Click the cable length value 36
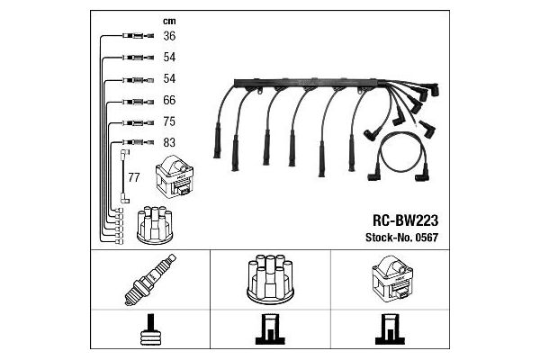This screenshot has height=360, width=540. click(x=169, y=36)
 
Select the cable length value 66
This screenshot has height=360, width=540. click(x=169, y=100)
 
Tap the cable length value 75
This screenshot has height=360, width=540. click(x=169, y=121)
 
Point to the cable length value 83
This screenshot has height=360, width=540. click(x=169, y=142)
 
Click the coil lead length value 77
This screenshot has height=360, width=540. click(x=133, y=177)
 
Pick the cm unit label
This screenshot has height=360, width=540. click(x=169, y=21)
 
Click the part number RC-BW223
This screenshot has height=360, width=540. click(x=405, y=220)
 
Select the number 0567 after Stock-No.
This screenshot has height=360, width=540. click(x=427, y=238)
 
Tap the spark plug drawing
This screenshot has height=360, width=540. click(x=150, y=279)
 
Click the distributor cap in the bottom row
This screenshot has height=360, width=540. click(x=270, y=279)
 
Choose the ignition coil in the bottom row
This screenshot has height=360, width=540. click(x=392, y=278)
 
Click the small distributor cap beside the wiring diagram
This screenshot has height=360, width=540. click(x=154, y=225)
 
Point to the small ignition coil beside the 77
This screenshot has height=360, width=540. click(x=175, y=176)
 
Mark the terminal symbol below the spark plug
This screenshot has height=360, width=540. click(x=150, y=329)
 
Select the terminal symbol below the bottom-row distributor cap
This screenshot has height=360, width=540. click(x=270, y=329)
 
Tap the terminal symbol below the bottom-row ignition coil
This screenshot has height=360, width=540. click(x=390, y=329)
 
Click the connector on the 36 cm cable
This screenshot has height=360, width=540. click(x=138, y=35)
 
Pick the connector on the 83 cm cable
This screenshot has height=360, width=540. click(x=138, y=142)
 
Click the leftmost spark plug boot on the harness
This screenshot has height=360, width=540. click(x=217, y=140)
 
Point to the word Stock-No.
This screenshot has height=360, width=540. click(x=389, y=238)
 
